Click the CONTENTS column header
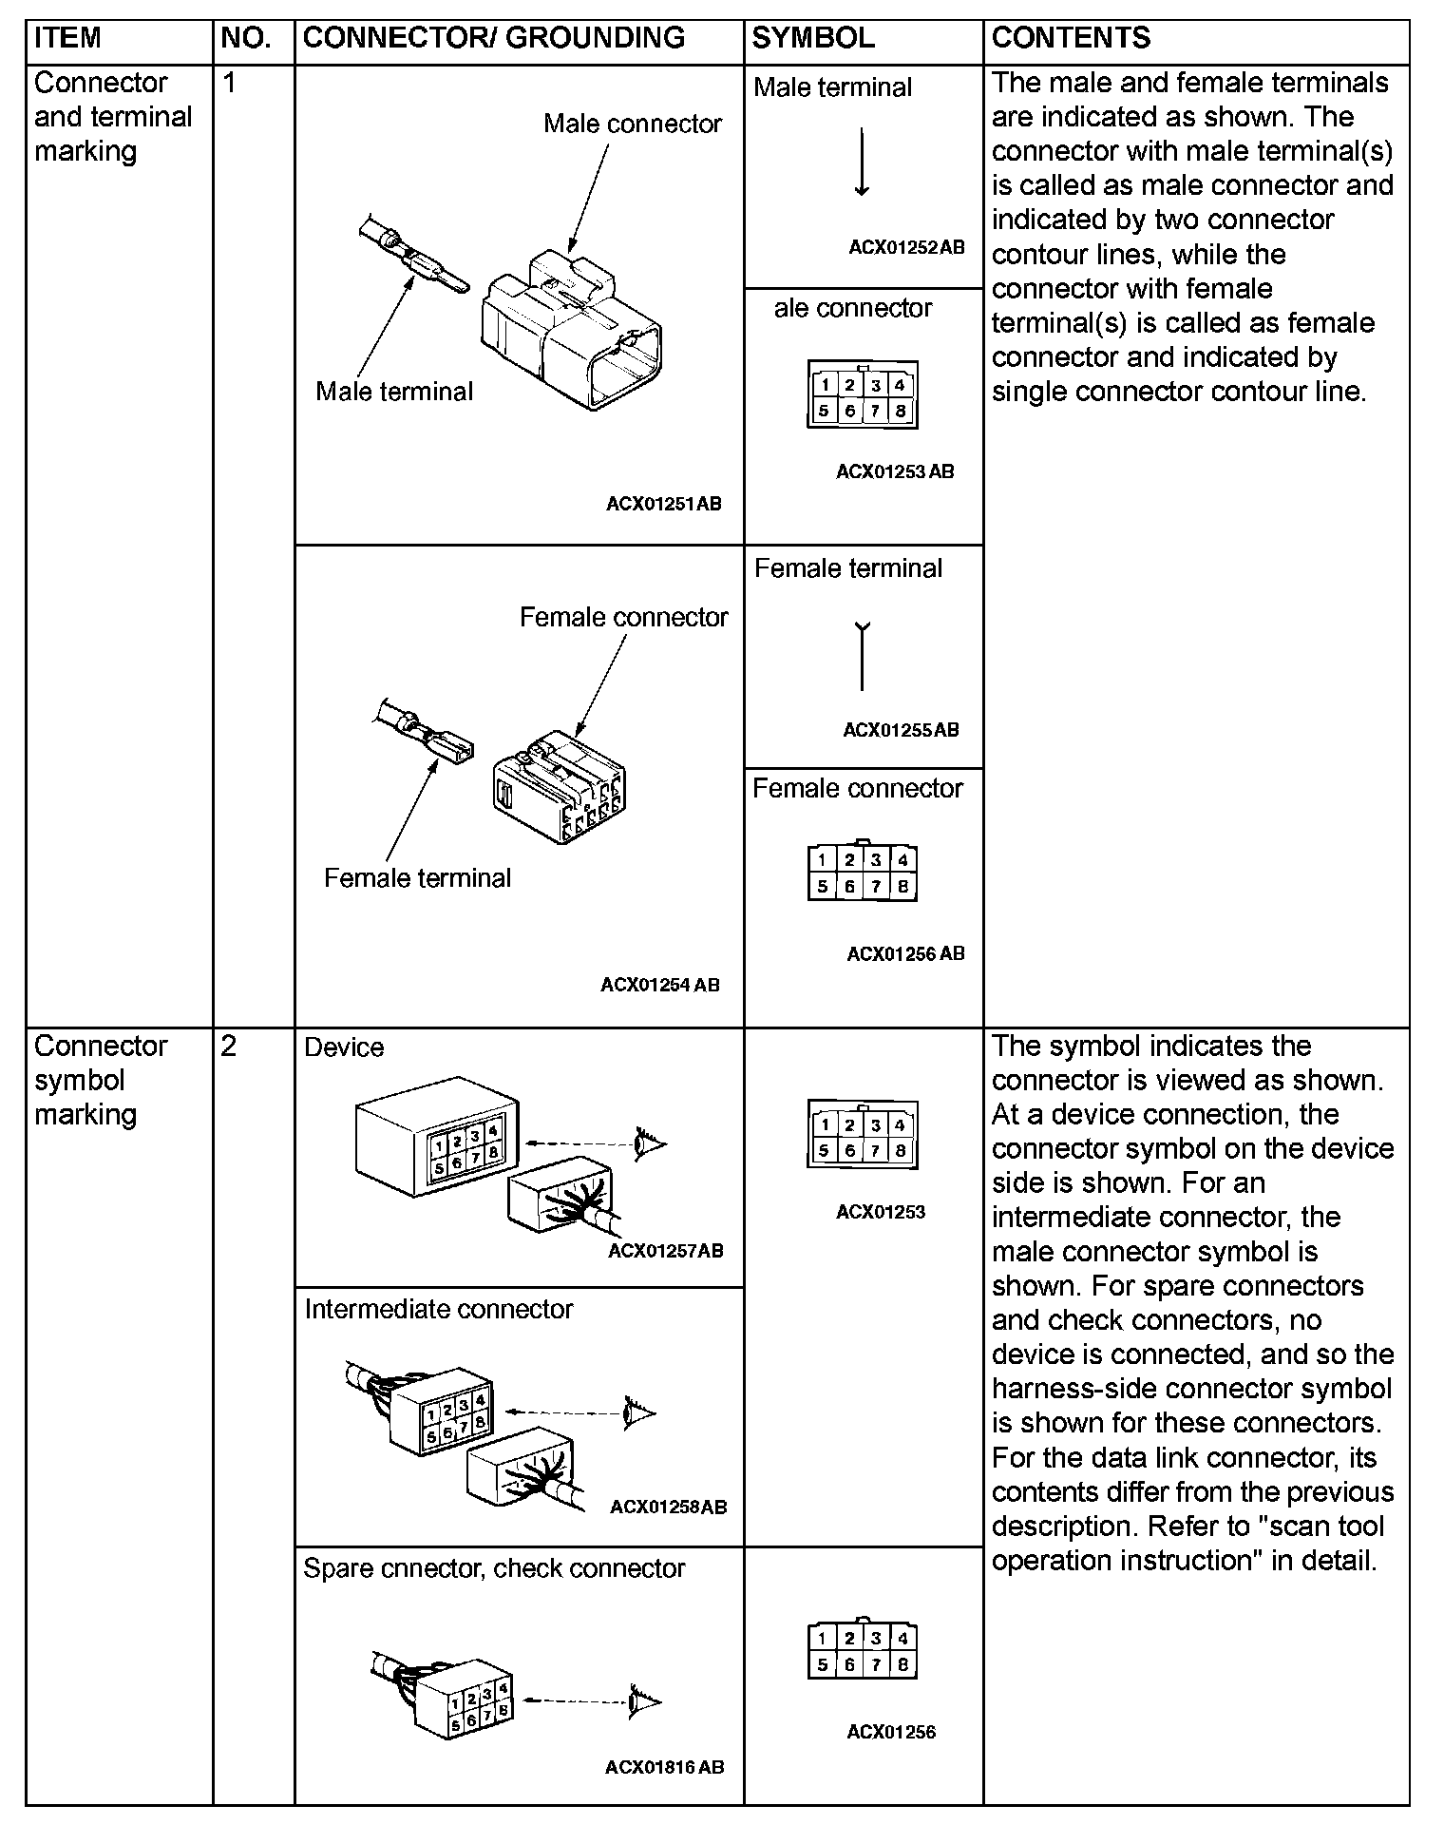[1071, 38]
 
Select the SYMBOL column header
[813, 38]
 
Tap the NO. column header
[245, 38]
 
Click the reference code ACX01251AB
[663, 504]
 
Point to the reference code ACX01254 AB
[659, 985]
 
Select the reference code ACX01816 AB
[664, 1767]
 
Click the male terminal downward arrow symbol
[862, 163]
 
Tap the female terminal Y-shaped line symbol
[862, 655]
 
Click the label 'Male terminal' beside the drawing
[394, 392]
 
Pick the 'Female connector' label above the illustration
[623, 618]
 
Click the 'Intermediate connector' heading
[438, 1310]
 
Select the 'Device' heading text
[344, 1047]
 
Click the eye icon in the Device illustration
[651, 1143]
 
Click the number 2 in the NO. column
[229, 1047]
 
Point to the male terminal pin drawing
[414, 256]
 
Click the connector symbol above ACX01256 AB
[863, 872]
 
